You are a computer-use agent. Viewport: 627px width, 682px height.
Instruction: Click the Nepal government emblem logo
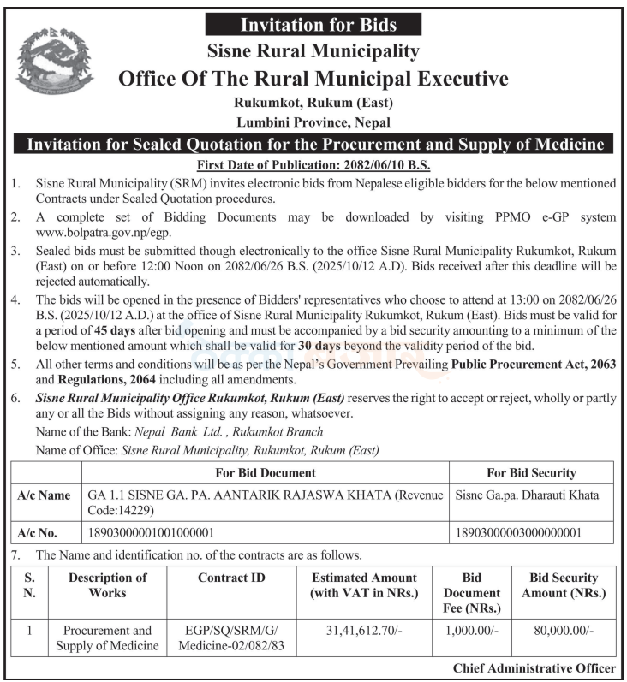click(x=52, y=62)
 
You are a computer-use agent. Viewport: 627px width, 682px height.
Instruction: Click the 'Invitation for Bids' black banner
click(x=313, y=24)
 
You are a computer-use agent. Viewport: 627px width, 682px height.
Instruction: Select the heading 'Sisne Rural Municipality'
click(x=313, y=51)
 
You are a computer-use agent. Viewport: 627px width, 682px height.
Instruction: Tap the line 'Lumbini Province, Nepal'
click(x=313, y=122)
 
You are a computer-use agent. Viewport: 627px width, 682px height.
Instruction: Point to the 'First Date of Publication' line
click(x=313, y=164)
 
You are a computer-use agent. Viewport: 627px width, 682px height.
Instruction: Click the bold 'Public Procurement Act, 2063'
click(x=534, y=365)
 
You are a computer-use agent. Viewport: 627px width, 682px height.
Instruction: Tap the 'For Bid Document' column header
click(x=266, y=472)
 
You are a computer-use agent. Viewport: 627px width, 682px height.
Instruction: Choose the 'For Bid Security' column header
click(x=531, y=472)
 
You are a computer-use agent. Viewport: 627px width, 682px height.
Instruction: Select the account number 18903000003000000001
click(x=519, y=531)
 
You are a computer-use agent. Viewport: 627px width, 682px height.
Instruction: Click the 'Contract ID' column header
click(x=231, y=578)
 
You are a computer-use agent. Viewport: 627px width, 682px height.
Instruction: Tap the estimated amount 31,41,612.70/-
click(x=364, y=631)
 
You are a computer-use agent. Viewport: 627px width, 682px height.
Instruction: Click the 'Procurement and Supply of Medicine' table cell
click(x=108, y=638)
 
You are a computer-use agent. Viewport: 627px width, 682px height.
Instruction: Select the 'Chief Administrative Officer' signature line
click(x=533, y=668)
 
